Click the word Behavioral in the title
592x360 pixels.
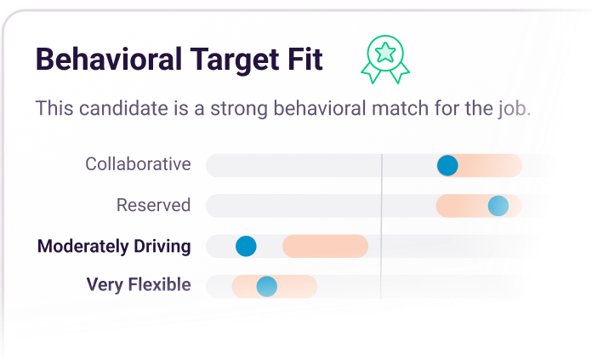click(109, 59)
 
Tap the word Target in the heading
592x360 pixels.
click(235, 60)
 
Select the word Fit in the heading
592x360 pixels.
click(305, 59)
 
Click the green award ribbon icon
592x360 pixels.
click(385, 60)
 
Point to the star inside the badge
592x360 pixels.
click(385, 53)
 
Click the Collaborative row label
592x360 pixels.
click(138, 164)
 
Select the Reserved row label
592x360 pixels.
click(153, 205)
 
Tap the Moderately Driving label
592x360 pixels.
click(114, 246)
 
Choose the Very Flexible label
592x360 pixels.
click(139, 284)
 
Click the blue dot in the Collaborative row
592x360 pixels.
click(447, 165)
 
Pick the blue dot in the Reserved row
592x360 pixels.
click(498, 206)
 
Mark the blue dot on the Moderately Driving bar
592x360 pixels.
click(246, 246)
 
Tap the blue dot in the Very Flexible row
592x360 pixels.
click(266, 286)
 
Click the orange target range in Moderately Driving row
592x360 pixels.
click(325, 246)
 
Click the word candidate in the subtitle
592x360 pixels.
click(124, 108)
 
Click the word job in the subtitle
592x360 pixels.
click(515, 109)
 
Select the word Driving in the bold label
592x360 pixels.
click(162, 247)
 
